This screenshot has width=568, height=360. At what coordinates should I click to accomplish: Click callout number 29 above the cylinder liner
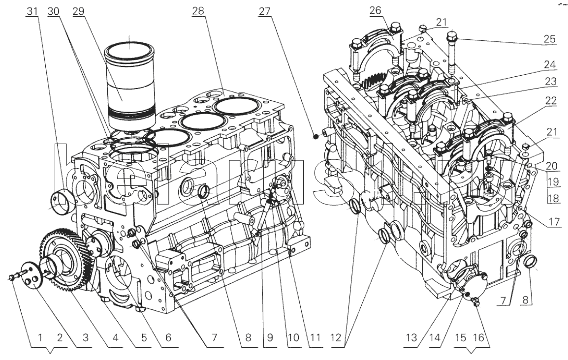coord(79,10)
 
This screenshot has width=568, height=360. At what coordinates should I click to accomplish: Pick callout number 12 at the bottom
coord(343,338)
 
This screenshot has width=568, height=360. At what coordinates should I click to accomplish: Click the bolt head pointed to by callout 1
coord(12,278)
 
